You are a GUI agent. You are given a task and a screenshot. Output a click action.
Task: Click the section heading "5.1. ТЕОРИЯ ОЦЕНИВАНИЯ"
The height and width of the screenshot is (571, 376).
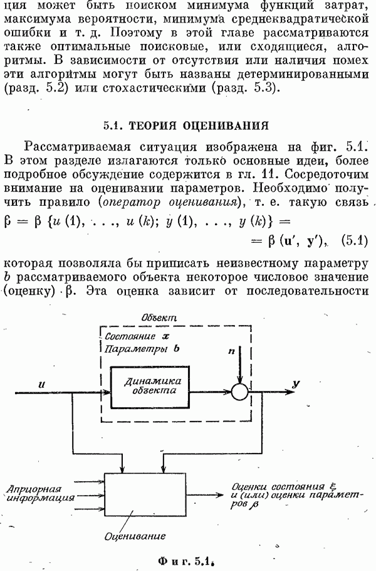[x=187, y=125]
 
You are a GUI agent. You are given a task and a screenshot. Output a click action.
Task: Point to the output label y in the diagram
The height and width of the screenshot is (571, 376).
[x=295, y=382]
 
